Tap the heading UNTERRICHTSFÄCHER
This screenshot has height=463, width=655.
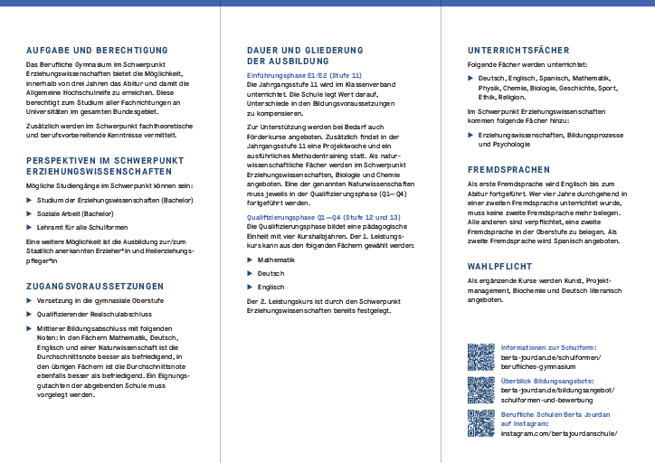pyautogui.click(x=518, y=49)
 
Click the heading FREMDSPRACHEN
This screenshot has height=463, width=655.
pyautogui.click(x=508, y=170)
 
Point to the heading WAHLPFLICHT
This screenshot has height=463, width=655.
pyautogui.click(x=498, y=267)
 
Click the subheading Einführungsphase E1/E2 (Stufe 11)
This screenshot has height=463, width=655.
pyautogui.click(x=304, y=75)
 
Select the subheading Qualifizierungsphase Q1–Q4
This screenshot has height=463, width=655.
pyautogui.click(x=323, y=218)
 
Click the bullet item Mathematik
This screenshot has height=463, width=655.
pyautogui.click(x=277, y=260)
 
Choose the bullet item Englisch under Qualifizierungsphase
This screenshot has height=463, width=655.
pyautogui.click(x=271, y=287)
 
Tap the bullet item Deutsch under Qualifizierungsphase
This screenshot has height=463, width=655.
pyautogui.click(x=271, y=273)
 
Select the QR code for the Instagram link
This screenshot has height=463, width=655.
pyautogui.click(x=480, y=423)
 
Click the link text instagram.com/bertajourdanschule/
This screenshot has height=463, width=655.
pyautogui.click(x=558, y=433)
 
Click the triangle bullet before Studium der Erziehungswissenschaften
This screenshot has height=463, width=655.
pyautogui.click(x=30, y=199)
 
